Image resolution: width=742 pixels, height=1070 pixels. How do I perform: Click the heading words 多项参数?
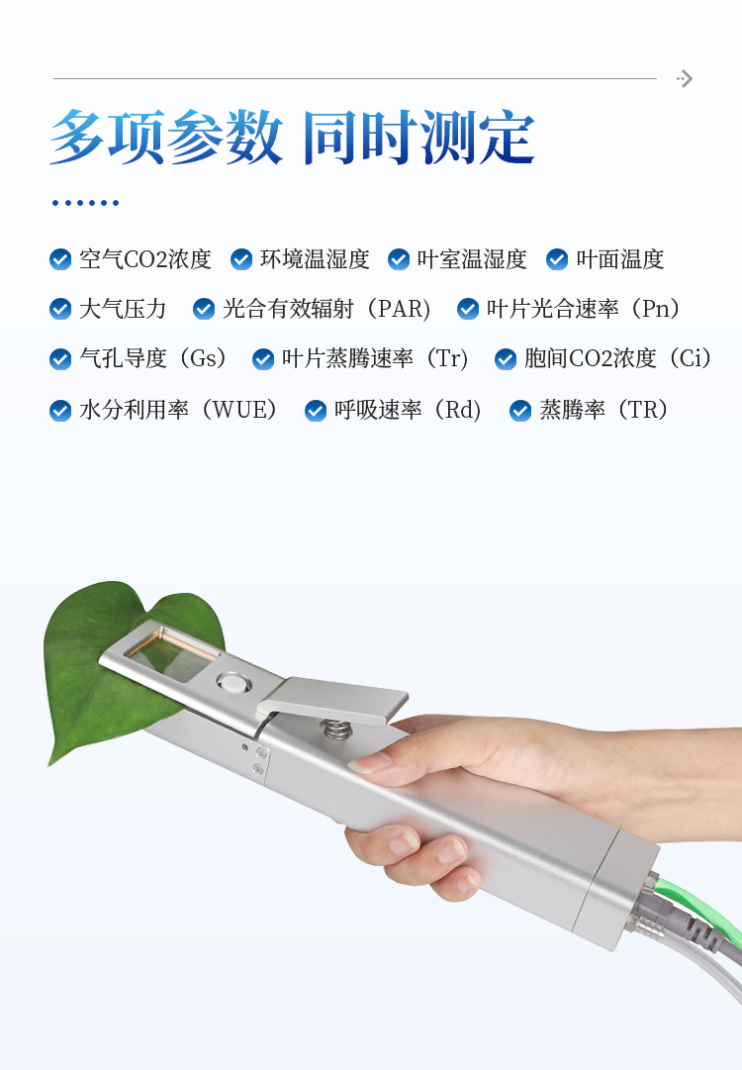tap(166, 138)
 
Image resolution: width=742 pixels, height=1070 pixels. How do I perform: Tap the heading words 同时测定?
tap(418, 138)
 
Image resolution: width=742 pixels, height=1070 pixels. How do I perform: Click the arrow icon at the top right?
tap(685, 79)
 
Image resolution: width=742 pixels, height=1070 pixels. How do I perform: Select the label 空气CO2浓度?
tap(144, 259)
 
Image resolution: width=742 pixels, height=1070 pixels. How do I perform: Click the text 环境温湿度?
tap(315, 259)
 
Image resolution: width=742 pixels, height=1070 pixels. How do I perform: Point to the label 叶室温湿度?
tap(472, 259)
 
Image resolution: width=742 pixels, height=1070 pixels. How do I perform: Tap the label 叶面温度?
tap(619, 259)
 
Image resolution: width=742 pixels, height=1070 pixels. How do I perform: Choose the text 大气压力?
tap(123, 309)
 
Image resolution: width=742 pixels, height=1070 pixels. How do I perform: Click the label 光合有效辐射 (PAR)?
tap(326, 309)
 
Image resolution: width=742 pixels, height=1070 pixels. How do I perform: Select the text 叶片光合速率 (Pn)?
tap(584, 309)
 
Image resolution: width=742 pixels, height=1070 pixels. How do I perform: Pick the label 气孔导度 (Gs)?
tap(153, 358)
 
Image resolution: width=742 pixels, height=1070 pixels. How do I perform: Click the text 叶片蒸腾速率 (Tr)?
tap(375, 358)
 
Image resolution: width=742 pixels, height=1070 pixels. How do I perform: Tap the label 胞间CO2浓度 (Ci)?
tap(618, 358)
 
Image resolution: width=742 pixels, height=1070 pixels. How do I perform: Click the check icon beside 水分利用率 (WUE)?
tap(60, 410)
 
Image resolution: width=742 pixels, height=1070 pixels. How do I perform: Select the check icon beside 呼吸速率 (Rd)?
tap(316, 410)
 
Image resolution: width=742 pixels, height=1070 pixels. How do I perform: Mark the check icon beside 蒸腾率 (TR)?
tap(520, 410)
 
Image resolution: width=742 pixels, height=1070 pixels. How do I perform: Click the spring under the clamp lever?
tap(335, 730)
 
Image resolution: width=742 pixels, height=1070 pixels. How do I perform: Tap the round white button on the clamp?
tap(233, 681)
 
